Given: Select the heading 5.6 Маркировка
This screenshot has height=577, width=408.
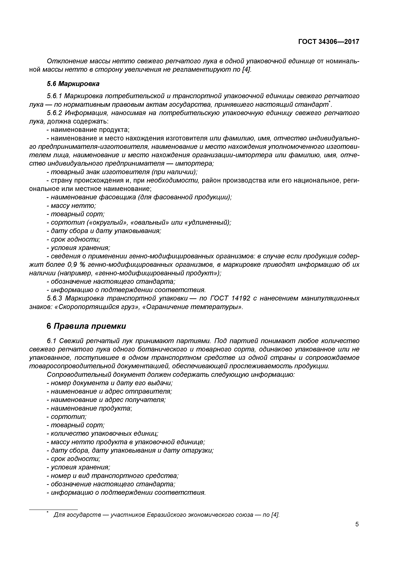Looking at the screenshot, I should click(x=73, y=84).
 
